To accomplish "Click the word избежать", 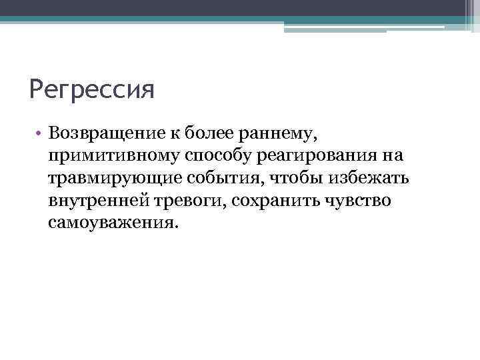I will click(x=366, y=179).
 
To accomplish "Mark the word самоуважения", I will click(x=113, y=223).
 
